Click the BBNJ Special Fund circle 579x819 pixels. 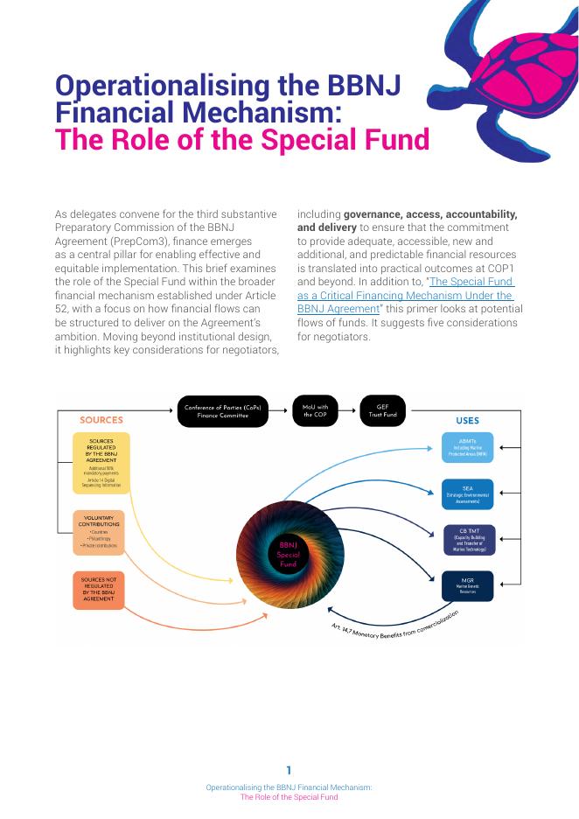pyautogui.click(x=289, y=554)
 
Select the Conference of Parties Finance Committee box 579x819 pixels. pyautogui.click(x=222, y=411)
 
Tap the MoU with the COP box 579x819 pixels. pyautogui.click(x=316, y=410)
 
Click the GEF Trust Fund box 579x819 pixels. pyautogui.click(x=382, y=410)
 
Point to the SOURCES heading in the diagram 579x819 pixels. pyautogui.click(x=101, y=420)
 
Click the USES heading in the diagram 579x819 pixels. pyautogui.click(x=467, y=421)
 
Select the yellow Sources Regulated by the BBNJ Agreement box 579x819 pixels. pyautogui.click(x=101, y=462)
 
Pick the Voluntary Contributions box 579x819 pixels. pyautogui.click(x=101, y=532)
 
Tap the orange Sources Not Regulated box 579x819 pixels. pyautogui.click(x=99, y=590)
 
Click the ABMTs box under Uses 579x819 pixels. pyautogui.click(x=467, y=447)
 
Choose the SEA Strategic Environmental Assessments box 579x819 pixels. pyautogui.click(x=467, y=494)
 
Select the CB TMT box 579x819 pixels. pyautogui.click(x=469, y=539)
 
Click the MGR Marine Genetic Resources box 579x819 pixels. pyautogui.click(x=467, y=585)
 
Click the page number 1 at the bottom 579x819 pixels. pyautogui.click(x=289, y=770)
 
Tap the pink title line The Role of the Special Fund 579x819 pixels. pyautogui.click(x=242, y=140)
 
